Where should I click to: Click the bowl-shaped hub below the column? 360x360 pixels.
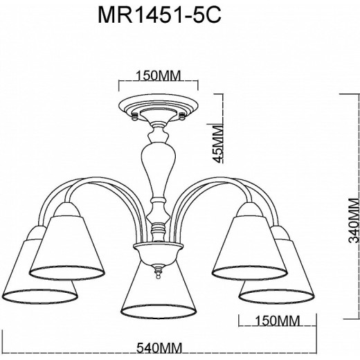[159, 251]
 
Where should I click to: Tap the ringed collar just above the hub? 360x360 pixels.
[159, 226]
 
